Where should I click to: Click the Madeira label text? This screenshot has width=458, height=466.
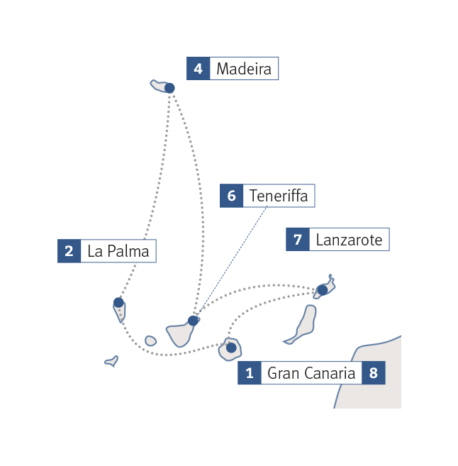[243, 69]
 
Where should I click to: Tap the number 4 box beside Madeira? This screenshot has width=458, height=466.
[198, 69]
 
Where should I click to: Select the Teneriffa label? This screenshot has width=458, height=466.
[279, 196]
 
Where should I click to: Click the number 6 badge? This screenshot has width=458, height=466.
[232, 196]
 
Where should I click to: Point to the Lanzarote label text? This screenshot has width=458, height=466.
[349, 240]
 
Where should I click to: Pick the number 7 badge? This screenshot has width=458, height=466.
[298, 240]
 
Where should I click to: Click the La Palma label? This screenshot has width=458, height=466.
[118, 251]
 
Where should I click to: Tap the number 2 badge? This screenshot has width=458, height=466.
[69, 251]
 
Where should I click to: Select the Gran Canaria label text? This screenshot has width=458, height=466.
[311, 373]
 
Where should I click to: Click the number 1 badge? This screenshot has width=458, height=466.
[249, 373]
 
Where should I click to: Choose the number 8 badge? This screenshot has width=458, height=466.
[374, 373]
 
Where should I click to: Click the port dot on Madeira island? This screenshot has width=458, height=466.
[169, 88]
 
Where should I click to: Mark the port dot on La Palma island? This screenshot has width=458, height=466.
[118, 303]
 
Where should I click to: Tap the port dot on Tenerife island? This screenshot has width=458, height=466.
[193, 320]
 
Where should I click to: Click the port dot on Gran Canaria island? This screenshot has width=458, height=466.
[230, 348]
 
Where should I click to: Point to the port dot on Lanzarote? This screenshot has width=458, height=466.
[322, 289]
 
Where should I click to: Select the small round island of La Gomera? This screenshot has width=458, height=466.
[150, 341]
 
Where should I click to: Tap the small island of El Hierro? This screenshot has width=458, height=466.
[111, 361]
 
